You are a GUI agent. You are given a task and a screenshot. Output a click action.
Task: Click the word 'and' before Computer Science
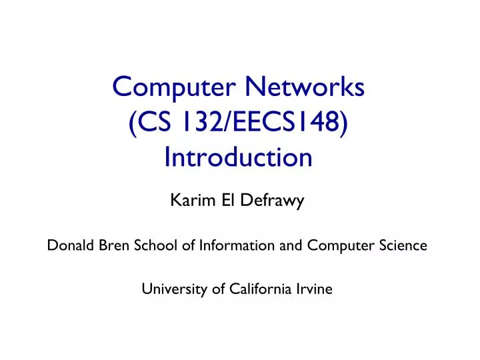[291, 245]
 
